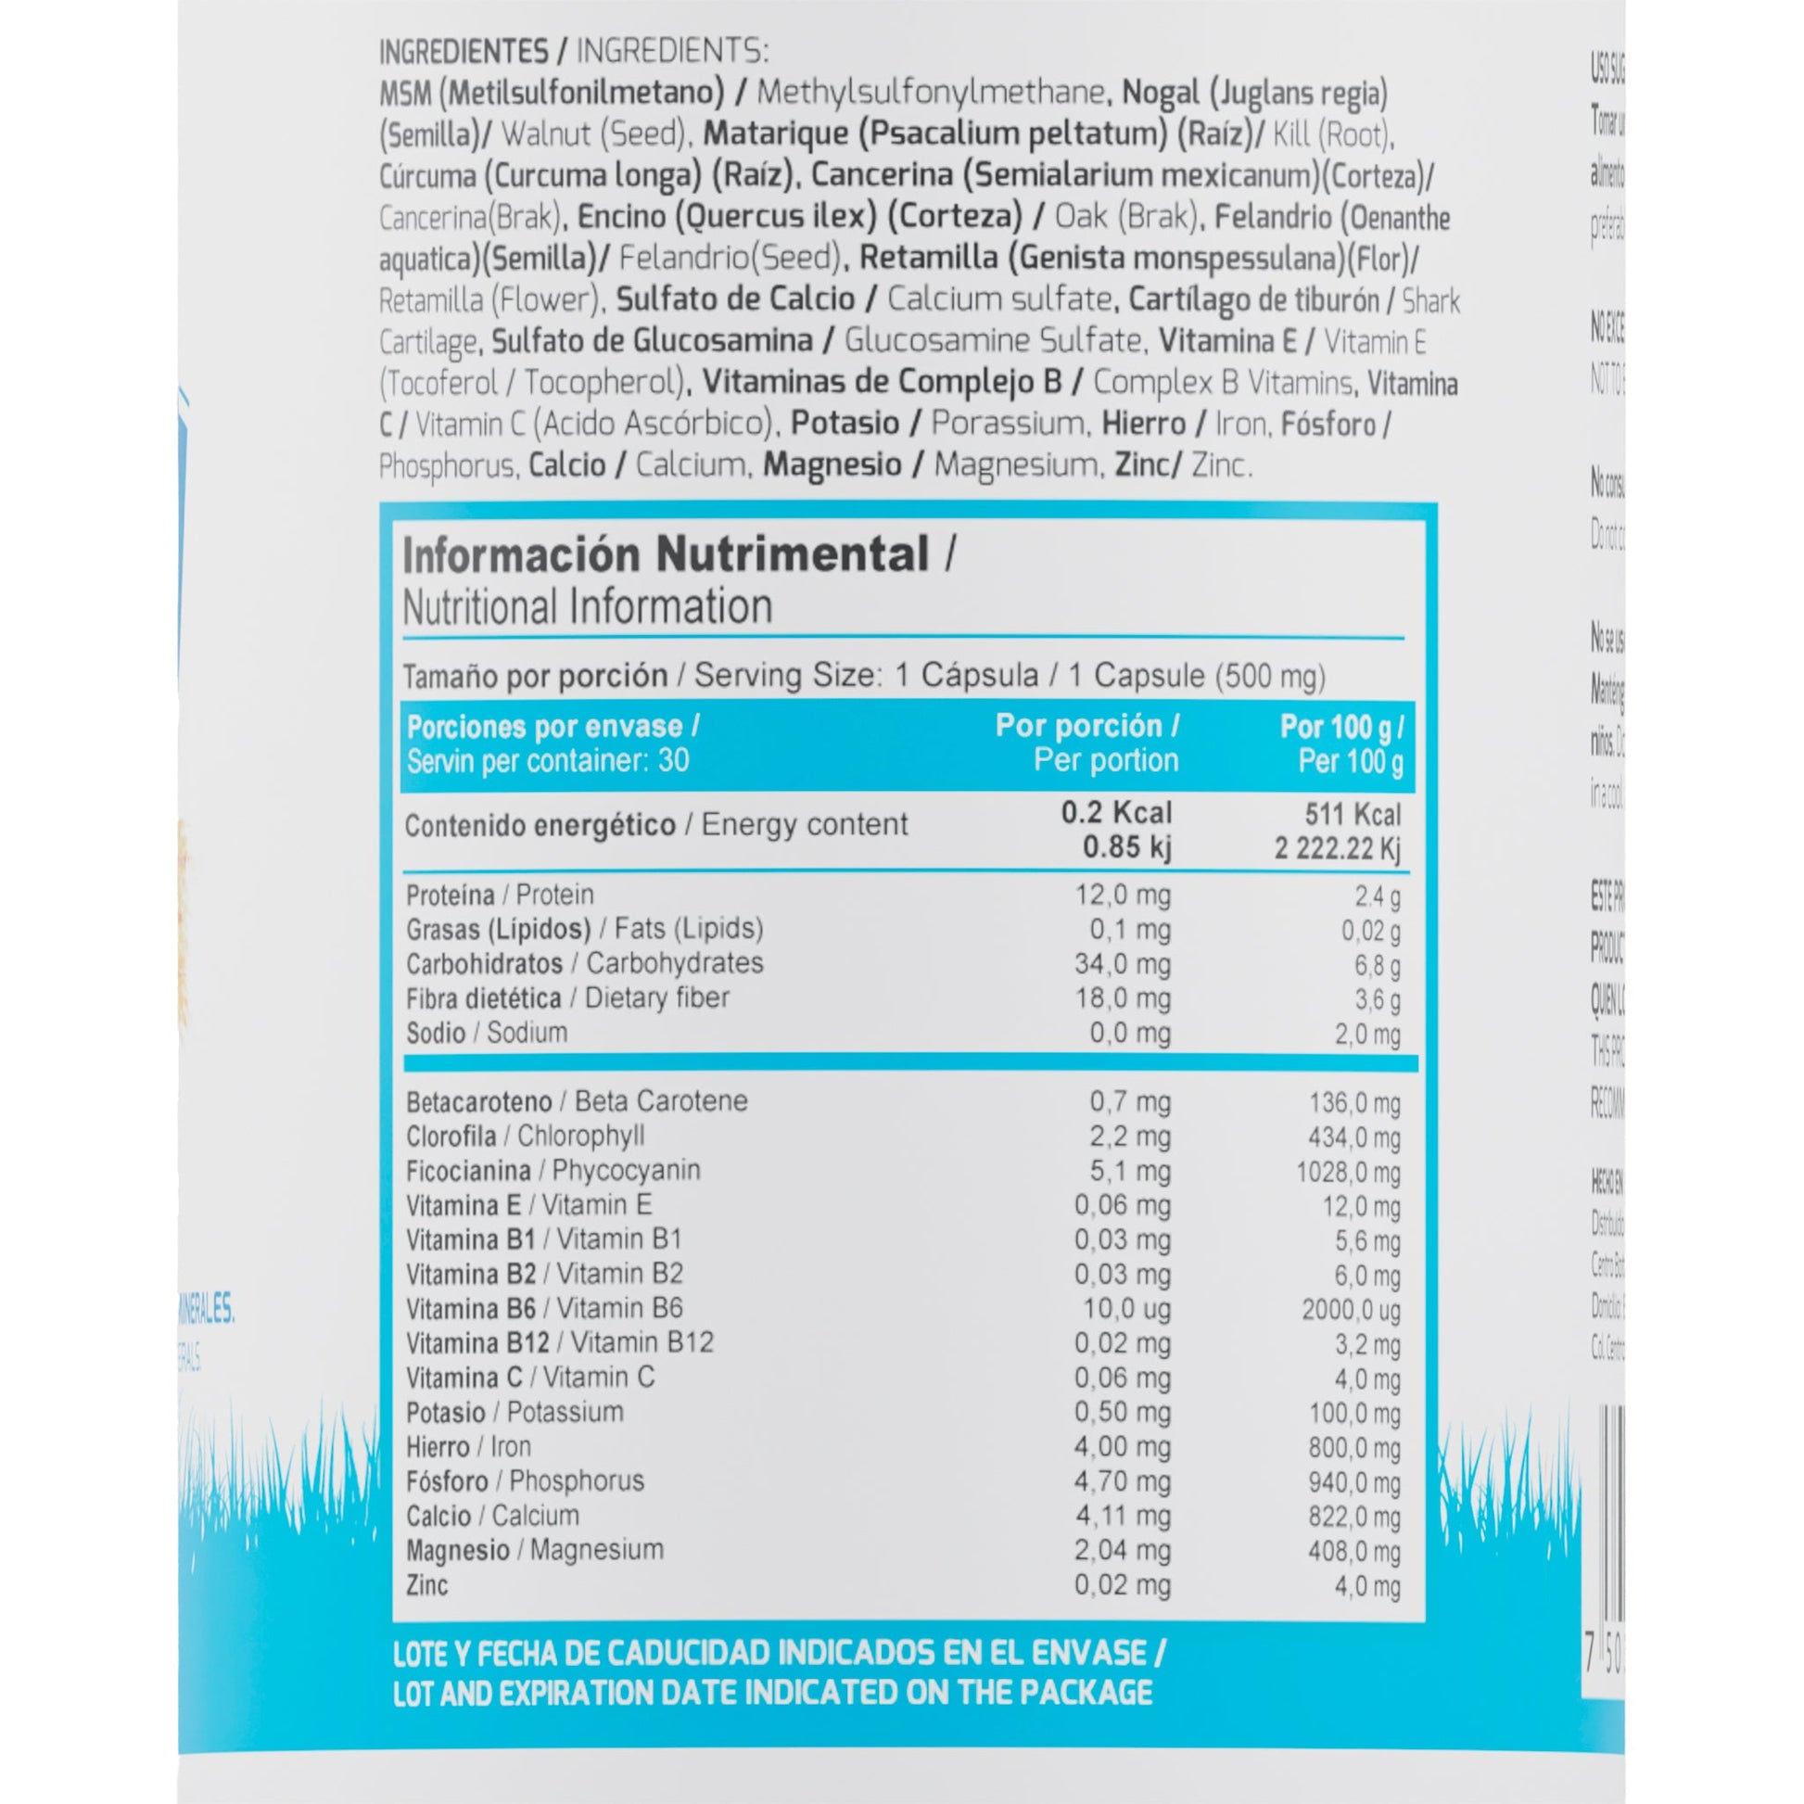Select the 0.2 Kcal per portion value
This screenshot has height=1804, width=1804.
click(1116, 813)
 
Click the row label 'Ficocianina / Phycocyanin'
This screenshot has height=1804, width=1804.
click(553, 1171)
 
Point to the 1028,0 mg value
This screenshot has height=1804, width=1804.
click(1347, 1173)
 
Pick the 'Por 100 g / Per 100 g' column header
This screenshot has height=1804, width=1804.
click(1340, 744)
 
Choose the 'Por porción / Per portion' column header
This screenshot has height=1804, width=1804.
click(1086, 744)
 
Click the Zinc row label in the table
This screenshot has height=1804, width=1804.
click(426, 1584)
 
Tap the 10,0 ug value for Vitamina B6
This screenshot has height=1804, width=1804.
click(1126, 1309)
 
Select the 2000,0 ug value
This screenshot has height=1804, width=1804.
click(1350, 1310)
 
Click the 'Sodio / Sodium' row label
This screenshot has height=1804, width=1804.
click(487, 1033)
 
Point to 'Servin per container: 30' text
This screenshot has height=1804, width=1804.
click(548, 761)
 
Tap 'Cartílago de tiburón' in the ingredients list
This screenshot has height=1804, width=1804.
click(1253, 299)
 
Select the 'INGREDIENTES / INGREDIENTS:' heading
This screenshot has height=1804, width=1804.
click(573, 51)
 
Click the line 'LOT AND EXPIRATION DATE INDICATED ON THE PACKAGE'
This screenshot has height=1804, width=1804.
click(772, 1692)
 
